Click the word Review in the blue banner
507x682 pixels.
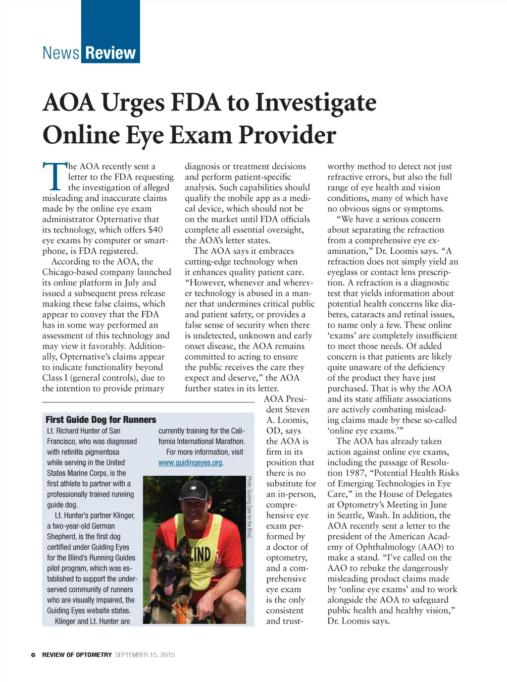click(110, 53)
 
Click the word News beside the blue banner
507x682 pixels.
click(60, 53)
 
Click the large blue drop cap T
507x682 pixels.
click(54, 176)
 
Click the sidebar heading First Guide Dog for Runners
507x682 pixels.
click(101, 420)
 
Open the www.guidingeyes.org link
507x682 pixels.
click(190, 462)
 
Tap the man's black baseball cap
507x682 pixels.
click(195, 490)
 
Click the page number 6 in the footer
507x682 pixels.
click(33, 655)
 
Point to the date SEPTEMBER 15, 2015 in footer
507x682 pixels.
click(145, 655)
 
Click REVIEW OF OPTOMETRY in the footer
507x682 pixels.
click(77, 655)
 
